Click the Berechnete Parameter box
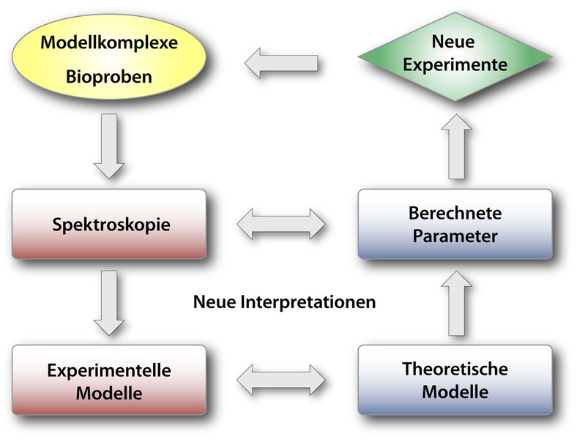(454, 225)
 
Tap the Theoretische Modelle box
(454, 380)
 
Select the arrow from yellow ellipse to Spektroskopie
(110, 146)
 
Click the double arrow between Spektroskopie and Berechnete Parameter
(282, 223)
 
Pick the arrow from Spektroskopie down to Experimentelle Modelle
(110, 302)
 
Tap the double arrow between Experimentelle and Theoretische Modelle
(282, 381)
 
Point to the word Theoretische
(454, 369)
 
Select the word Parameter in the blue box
(454, 236)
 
